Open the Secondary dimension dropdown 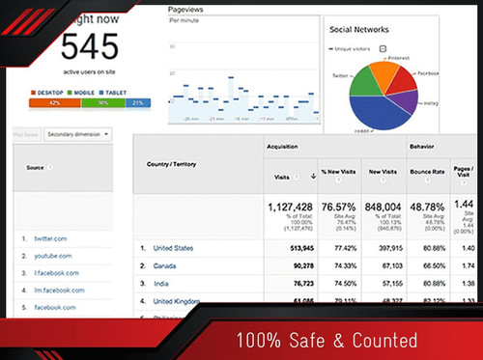click(x=78, y=135)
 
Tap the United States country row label click(x=173, y=248)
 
